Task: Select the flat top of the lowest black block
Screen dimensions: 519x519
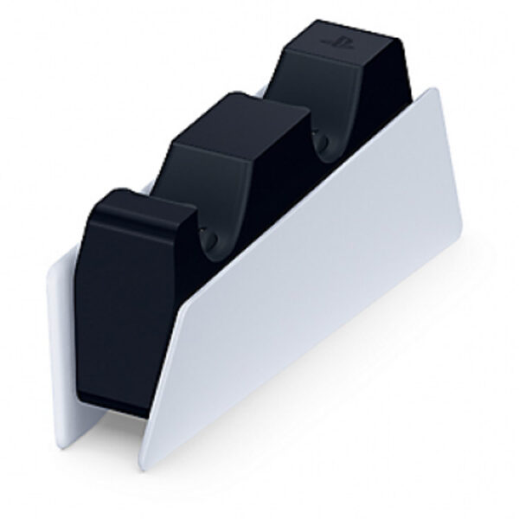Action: (138, 202)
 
